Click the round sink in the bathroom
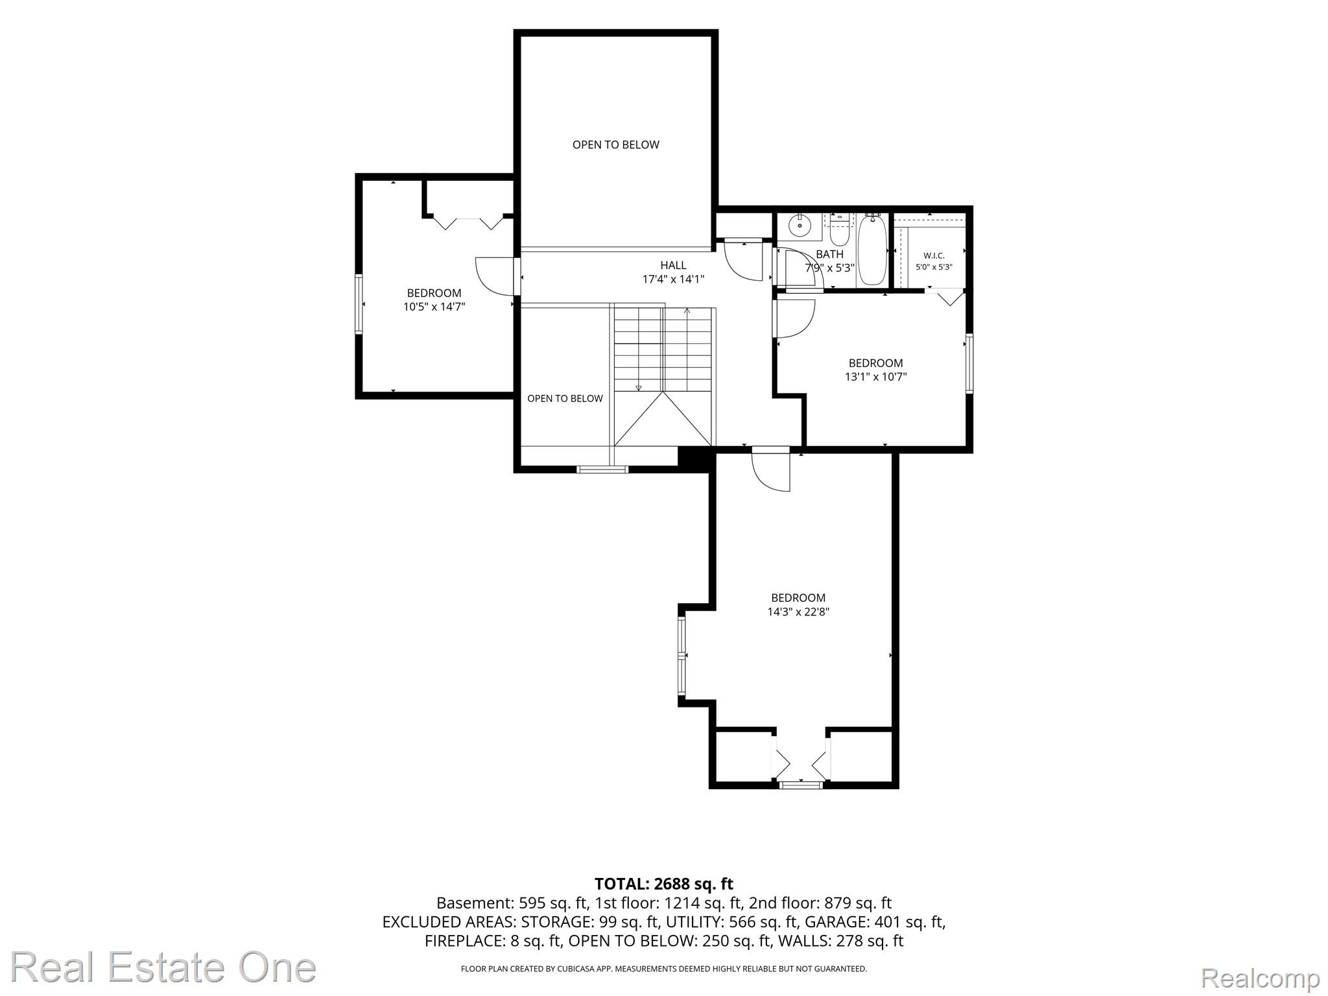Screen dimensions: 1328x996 click(x=800, y=226)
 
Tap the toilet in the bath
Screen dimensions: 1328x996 click(x=840, y=229)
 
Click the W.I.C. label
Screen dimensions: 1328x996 click(x=934, y=255)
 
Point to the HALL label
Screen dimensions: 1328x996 click(x=673, y=265)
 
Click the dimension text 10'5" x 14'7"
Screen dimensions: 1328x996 click(x=434, y=307)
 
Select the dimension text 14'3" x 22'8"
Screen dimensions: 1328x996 click(x=798, y=611)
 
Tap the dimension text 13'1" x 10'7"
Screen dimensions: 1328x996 click(x=875, y=377)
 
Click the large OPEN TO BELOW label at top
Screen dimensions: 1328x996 click(x=616, y=145)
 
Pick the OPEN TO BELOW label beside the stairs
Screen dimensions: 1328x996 click(x=565, y=399)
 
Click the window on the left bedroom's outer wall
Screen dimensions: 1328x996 click(x=359, y=304)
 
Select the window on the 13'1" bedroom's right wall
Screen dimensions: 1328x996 click(x=969, y=363)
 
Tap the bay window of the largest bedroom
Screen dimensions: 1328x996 click(x=682, y=656)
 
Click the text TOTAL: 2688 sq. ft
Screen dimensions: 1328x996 click(x=664, y=884)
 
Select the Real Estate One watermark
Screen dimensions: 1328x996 click(x=163, y=967)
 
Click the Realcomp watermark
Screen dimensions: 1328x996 click(x=1260, y=978)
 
